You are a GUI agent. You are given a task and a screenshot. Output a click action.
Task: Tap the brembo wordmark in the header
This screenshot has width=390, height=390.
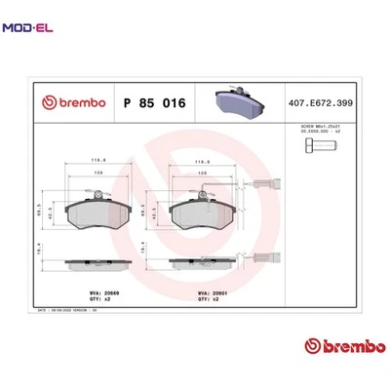coord(70,101)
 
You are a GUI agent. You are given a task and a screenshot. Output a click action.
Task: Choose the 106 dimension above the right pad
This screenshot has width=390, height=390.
coord(201,174)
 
